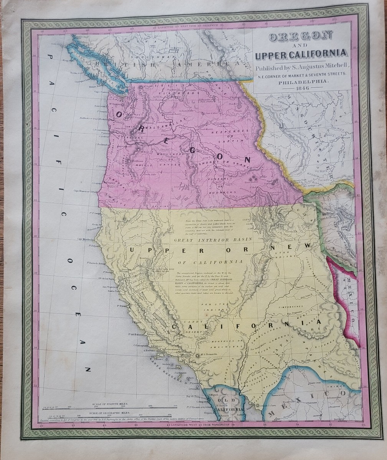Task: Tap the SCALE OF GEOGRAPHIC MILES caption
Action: click(109, 413)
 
